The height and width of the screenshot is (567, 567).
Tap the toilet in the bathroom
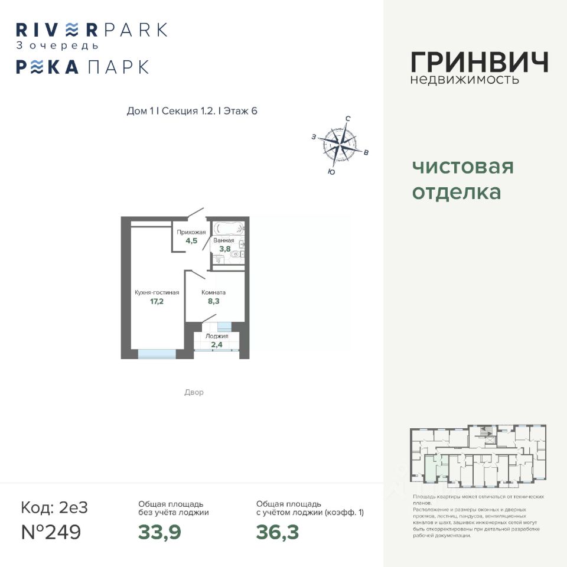(236, 255)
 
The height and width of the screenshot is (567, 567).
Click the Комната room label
(213, 292)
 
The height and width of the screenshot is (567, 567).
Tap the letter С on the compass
(348, 119)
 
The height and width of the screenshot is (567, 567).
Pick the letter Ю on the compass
(331, 172)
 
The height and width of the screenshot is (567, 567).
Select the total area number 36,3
(277, 532)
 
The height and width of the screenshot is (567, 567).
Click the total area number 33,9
(159, 532)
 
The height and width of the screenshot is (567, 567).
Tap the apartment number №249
(51, 532)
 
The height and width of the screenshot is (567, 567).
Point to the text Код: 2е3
(54, 507)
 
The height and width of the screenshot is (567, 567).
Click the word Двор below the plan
(194, 392)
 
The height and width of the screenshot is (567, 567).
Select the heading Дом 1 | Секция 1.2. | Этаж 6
(193, 112)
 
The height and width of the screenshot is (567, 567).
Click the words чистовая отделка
(462, 180)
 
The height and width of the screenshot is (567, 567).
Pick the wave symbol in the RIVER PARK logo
(71, 29)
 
